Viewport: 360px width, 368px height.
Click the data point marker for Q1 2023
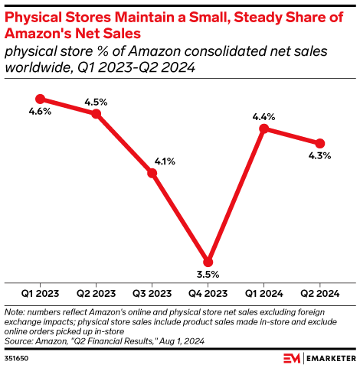41,99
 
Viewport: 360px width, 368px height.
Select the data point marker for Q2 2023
97,114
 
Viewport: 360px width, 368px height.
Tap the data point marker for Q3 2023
152,174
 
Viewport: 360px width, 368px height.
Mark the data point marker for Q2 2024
320,143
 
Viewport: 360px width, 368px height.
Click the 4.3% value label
320,156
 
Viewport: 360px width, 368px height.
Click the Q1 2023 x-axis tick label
41,294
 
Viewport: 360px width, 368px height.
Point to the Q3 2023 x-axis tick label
152,294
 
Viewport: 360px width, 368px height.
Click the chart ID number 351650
18,357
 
